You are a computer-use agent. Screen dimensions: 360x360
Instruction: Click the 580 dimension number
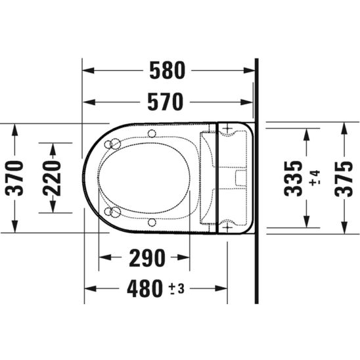tap(167, 70)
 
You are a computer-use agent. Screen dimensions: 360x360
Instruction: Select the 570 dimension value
tap(166, 102)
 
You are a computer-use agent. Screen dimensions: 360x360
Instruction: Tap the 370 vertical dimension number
tap(14, 178)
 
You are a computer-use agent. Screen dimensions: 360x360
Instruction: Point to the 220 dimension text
tap(52, 178)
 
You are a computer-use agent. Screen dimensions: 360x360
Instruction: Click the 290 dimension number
tap(147, 258)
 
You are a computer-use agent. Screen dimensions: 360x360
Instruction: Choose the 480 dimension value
tap(145, 288)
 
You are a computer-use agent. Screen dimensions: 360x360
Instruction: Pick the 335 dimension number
tap(293, 179)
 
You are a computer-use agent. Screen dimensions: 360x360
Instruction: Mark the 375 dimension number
tap(344, 179)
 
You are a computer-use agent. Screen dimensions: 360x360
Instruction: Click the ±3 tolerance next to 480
tap(177, 289)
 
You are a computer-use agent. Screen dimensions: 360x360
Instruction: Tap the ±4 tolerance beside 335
tap(315, 178)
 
